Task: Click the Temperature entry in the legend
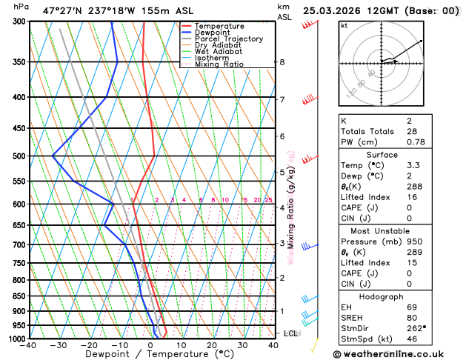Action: (219, 26)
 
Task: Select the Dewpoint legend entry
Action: (213, 33)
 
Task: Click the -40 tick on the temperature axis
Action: (29, 345)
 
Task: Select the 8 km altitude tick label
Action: (282, 62)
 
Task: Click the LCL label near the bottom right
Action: (290, 333)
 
